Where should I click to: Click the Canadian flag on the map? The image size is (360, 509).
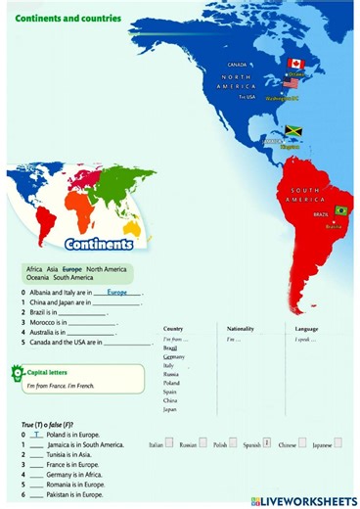click(x=295, y=65)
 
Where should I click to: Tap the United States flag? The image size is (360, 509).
click(x=291, y=84)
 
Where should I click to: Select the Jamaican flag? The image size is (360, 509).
click(x=293, y=131)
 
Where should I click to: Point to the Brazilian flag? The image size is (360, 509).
click(x=341, y=210)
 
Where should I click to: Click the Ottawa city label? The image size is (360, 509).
click(x=295, y=74)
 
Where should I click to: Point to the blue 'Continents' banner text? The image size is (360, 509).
click(x=98, y=244)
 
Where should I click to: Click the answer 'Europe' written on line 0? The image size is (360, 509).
click(x=117, y=292)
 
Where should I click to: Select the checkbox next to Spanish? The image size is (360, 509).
click(x=267, y=443)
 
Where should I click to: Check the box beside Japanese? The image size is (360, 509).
click(x=337, y=443)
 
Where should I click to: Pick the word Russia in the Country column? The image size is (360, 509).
click(x=171, y=374)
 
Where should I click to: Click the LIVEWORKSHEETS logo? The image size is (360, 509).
click(x=304, y=500)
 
